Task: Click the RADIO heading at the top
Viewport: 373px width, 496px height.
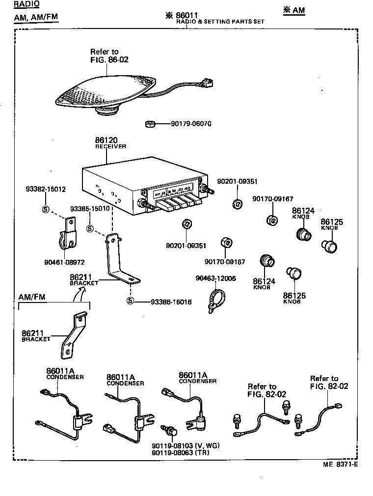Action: pos(26,4)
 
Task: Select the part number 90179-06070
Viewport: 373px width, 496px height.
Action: pos(191,124)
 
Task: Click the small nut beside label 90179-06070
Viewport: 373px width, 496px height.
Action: pos(151,124)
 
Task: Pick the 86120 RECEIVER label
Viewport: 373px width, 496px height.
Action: pos(110,143)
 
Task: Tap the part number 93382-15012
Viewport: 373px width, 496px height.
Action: pos(46,189)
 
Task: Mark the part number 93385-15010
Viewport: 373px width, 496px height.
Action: pos(90,209)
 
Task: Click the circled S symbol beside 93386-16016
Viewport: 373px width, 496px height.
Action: pos(130,301)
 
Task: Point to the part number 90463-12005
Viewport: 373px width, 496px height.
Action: pos(215,278)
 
